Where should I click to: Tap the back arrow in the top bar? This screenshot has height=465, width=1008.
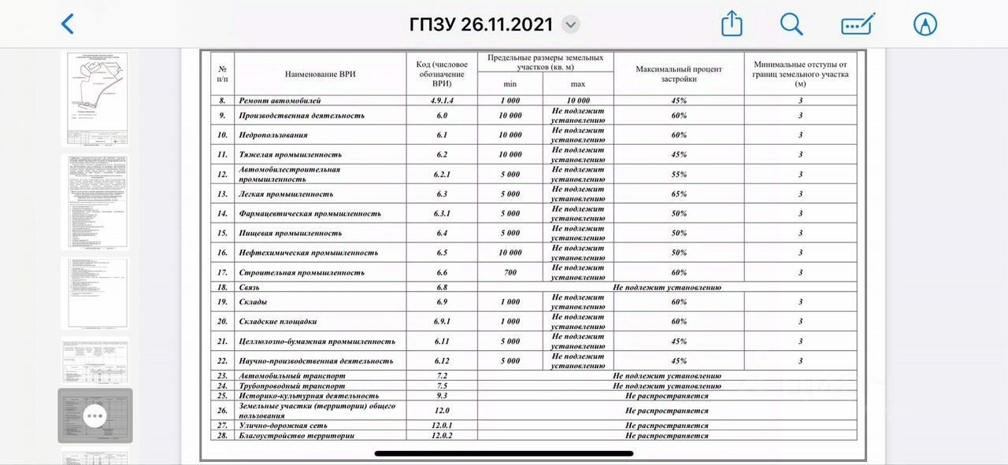pyautogui.click(x=68, y=24)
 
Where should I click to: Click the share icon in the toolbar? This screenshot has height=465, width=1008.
pyautogui.click(x=732, y=24)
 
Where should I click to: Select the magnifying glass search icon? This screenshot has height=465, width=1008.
pyautogui.click(x=791, y=24)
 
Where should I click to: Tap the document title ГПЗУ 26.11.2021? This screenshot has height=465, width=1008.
pyautogui.click(x=481, y=24)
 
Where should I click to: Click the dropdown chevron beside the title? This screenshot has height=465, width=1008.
pyautogui.click(x=572, y=24)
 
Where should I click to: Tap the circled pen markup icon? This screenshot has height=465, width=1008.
pyautogui.click(x=925, y=24)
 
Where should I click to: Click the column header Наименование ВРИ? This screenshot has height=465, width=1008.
pyautogui.click(x=321, y=74)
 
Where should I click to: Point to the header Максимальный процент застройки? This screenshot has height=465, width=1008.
pyautogui.click(x=678, y=74)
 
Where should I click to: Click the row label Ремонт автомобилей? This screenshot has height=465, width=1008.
pyautogui.click(x=280, y=101)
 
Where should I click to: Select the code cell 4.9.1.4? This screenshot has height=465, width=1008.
pyautogui.click(x=442, y=101)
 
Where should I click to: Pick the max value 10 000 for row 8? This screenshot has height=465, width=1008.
pyautogui.click(x=578, y=101)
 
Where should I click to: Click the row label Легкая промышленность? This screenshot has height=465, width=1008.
pyautogui.click(x=286, y=194)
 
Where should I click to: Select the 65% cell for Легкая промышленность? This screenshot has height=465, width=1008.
pyautogui.click(x=678, y=194)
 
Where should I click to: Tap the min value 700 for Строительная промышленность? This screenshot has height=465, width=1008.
pyautogui.click(x=510, y=272)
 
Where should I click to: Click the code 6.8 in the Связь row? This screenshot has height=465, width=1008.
pyautogui.click(x=442, y=287)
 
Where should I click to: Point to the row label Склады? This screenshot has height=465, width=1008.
pyautogui.click(x=253, y=302)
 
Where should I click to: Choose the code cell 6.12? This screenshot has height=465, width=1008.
pyautogui.click(x=442, y=361)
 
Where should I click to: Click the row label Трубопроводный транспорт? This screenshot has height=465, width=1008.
pyautogui.click(x=291, y=386)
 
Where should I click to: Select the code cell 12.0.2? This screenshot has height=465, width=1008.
pyautogui.click(x=442, y=436)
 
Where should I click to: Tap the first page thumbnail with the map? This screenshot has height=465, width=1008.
pyautogui.click(x=94, y=98)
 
